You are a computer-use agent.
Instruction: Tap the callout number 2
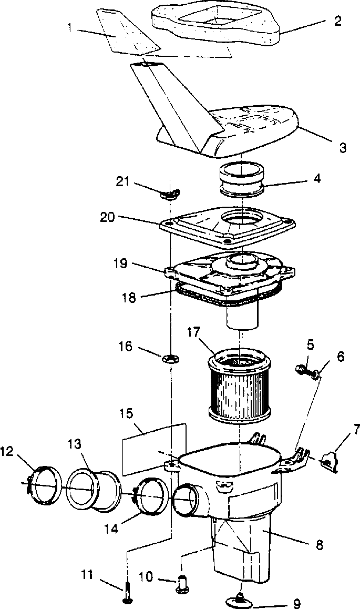[337, 22]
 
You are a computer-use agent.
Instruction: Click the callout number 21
[122, 181]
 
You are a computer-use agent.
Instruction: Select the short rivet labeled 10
[182, 583]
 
